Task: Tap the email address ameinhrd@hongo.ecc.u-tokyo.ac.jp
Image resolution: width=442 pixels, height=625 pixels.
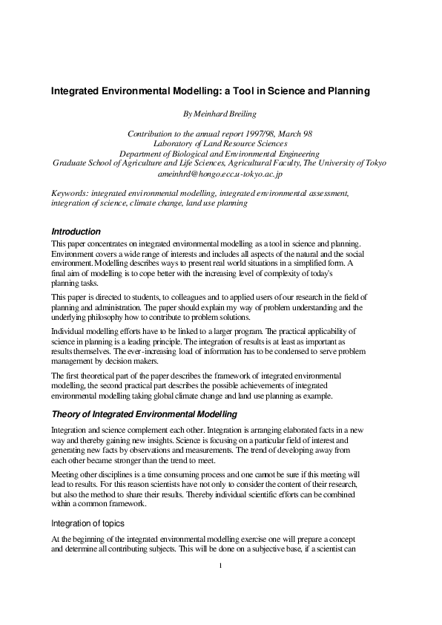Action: pyautogui.click(x=220, y=172)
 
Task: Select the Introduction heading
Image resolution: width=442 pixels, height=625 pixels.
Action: pyautogui.click(x=76, y=232)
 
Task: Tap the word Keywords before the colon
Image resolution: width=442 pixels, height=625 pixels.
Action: pyautogui.click(x=67, y=192)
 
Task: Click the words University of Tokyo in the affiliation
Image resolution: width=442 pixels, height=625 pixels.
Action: pyautogui.click(x=358, y=163)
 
